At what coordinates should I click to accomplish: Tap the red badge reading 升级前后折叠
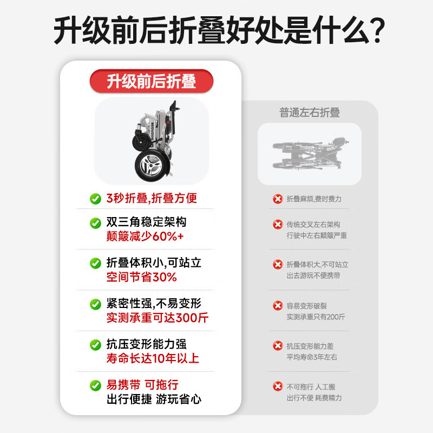click(151, 82)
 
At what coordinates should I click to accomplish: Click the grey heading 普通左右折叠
click(310, 113)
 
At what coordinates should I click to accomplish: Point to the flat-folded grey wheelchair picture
click(309, 154)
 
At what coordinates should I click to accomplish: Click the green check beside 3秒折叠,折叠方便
click(95, 199)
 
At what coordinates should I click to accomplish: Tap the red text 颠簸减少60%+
click(145, 237)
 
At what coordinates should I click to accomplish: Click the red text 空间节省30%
click(142, 277)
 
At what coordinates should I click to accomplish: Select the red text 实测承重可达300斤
click(158, 318)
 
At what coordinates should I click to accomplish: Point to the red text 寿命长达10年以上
click(153, 358)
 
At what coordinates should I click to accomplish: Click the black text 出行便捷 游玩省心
click(154, 399)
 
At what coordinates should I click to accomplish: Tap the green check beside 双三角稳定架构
click(95, 223)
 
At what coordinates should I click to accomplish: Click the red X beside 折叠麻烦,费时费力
click(278, 199)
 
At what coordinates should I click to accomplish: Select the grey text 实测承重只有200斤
click(316, 317)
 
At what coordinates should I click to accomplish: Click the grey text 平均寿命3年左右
click(312, 357)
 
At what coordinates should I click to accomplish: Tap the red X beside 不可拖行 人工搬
click(278, 386)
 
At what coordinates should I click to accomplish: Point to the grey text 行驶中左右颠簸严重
click(317, 235)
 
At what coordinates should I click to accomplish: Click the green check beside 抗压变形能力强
click(95, 345)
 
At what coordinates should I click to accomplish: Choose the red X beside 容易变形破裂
click(278, 305)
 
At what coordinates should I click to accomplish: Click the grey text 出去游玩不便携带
click(313, 276)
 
